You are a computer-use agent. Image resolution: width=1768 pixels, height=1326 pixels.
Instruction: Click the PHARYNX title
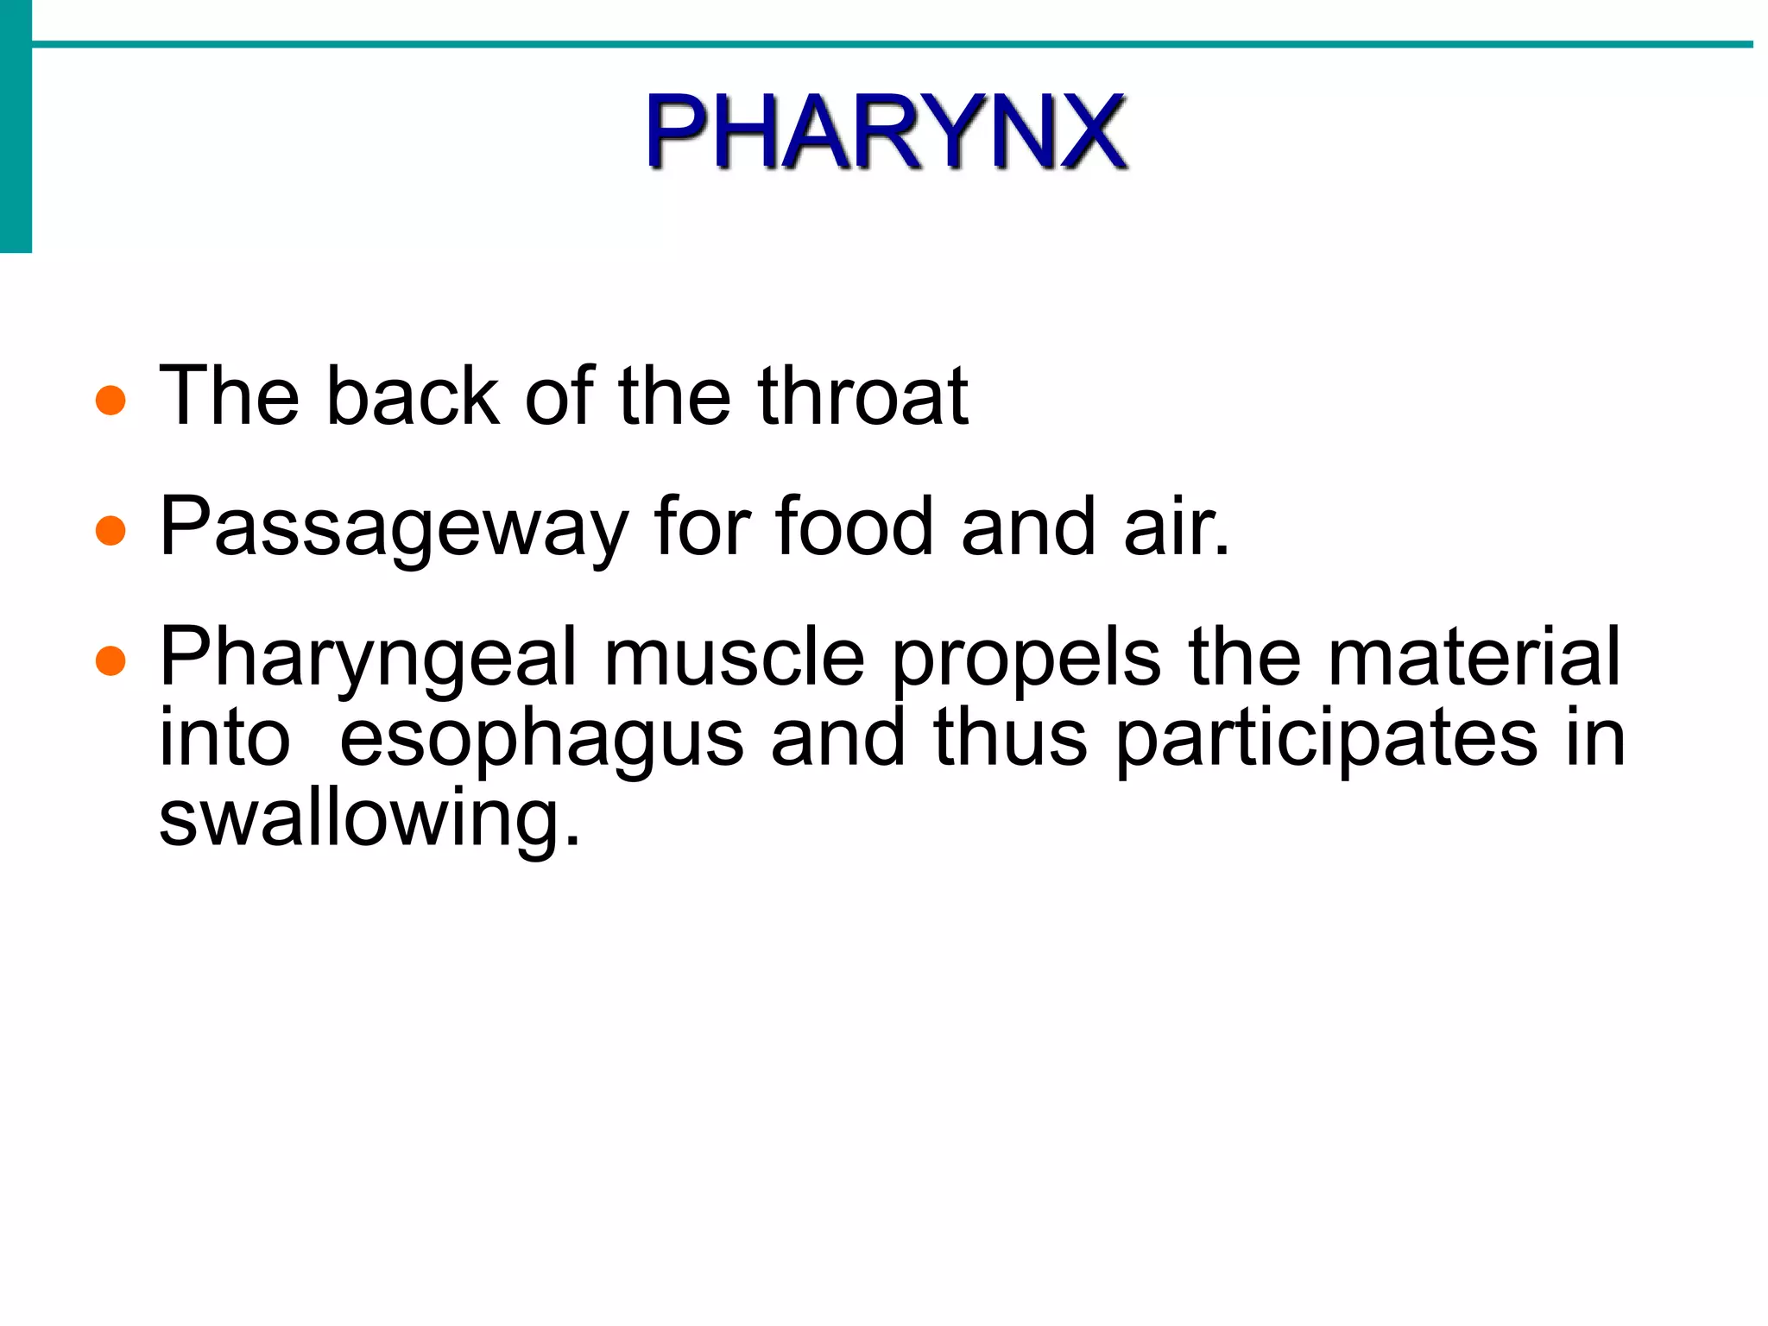tap(886, 131)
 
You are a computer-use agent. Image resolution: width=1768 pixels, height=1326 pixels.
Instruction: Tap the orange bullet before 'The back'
tap(110, 401)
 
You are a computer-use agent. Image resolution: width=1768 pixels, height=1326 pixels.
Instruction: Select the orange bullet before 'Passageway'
tap(110, 531)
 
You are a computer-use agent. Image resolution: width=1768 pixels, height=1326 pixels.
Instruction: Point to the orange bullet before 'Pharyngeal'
tap(110, 661)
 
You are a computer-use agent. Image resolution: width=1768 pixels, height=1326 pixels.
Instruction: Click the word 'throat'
tap(862, 396)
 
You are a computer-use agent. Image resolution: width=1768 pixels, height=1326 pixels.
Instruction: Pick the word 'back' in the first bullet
tap(413, 396)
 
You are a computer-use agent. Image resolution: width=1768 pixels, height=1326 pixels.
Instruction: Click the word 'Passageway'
tap(394, 528)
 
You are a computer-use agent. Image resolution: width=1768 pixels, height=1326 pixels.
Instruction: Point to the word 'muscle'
tap(734, 658)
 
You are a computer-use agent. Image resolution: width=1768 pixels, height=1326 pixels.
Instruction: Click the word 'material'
tap(1474, 658)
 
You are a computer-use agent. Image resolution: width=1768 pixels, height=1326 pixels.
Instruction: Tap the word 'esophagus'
tap(541, 741)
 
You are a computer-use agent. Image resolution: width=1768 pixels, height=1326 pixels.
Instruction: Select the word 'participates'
tap(1327, 741)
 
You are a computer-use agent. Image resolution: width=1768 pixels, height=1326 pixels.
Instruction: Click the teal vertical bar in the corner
tap(16, 126)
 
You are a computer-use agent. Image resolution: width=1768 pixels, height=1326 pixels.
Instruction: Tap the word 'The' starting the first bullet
tap(229, 396)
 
